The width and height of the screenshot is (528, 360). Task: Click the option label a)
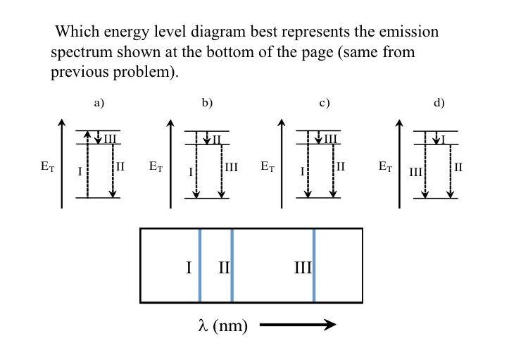point(99,103)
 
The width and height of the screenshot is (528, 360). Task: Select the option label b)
point(207,103)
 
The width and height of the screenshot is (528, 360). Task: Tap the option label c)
point(324,103)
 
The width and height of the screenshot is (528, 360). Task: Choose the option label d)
point(439,103)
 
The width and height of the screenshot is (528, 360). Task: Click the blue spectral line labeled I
point(200,266)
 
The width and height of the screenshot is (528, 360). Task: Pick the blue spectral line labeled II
point(232,266)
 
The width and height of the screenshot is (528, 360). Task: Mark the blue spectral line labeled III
point(314,266)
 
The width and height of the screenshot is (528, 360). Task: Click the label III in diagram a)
point(110,139)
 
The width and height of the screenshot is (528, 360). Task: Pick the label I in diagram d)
point(444,138)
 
